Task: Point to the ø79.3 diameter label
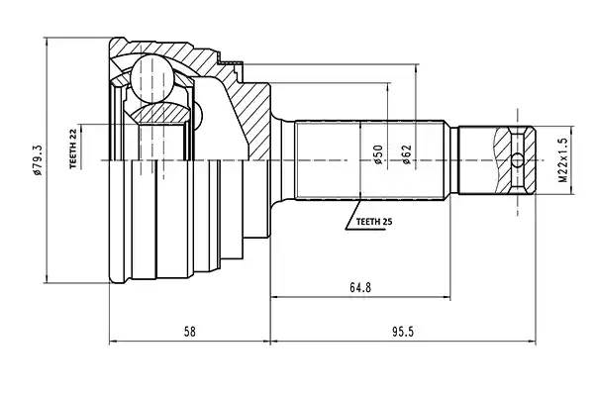37,157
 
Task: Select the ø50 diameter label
377,157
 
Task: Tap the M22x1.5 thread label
559,157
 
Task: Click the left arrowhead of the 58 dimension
111,343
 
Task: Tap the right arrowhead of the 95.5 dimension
535,343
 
